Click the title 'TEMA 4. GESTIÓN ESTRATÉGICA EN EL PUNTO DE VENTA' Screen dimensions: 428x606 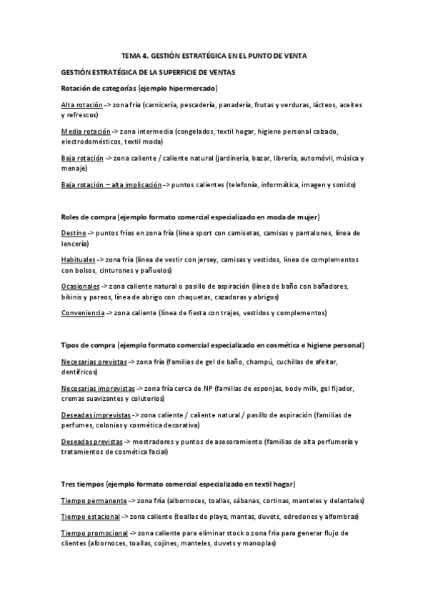(x=214, y=55)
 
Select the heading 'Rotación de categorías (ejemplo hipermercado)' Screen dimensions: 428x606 (x=139, y=88)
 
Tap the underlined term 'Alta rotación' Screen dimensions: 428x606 (x=81, y=105)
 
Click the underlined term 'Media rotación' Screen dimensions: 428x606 (x=86, y=132)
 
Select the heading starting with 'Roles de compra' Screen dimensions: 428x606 (x=190, y=217)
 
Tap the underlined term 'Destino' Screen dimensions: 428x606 (x=74, y=234)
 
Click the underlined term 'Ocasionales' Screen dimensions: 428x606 (x=81, y=287)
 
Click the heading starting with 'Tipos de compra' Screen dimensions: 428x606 (x=213, y=345)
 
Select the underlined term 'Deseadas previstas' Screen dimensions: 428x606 (x=91, y=442)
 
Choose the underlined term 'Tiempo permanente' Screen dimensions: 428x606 (x=94, y=501)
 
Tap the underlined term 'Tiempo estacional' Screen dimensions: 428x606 (x=90, y=517)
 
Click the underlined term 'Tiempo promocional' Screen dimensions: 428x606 (x=94, y=533)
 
